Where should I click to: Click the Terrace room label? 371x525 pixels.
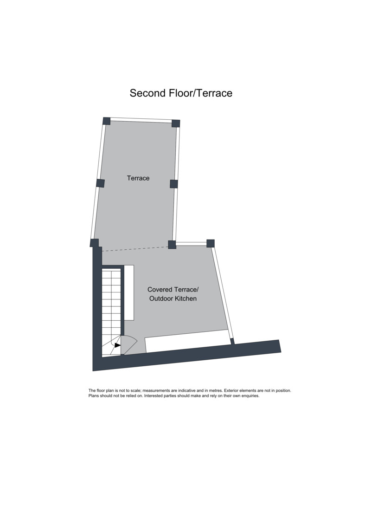(x=138, y=178)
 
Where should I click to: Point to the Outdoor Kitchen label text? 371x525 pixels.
(x=173, y=298)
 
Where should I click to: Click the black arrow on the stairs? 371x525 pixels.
(x=117, y=345)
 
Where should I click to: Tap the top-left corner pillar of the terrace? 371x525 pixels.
(x=106, y=121)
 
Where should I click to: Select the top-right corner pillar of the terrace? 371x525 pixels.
(x=176, y=123)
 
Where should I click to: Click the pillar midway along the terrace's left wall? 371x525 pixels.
(x=100, y=183)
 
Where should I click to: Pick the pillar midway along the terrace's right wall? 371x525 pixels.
(x=173, y=184)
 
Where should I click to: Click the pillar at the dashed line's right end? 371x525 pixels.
(x=172, y=245)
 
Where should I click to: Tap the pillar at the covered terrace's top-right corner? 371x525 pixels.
(x=211, y=243)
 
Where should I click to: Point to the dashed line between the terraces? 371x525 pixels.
(x=135, y=249)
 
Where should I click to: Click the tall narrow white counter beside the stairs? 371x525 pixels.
(x=129, y=292)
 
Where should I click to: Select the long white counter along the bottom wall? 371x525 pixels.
(x=188, y=341)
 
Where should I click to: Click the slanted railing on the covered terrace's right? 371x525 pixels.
(x=222, y=295)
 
